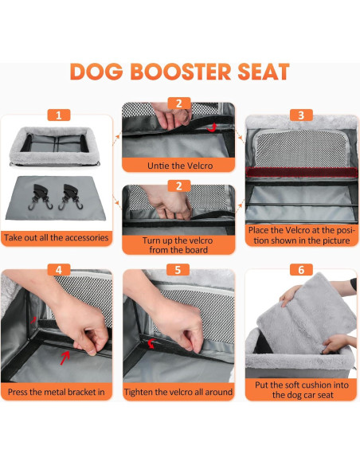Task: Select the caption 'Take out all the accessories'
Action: pos(57,237)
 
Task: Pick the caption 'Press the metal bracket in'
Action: pos(57,392)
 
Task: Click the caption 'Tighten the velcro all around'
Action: pos(179,392)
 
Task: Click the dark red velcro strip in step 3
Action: pos(301,170)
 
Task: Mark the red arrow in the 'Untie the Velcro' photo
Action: pos(210,127)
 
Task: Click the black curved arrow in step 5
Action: pos(151,344)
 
